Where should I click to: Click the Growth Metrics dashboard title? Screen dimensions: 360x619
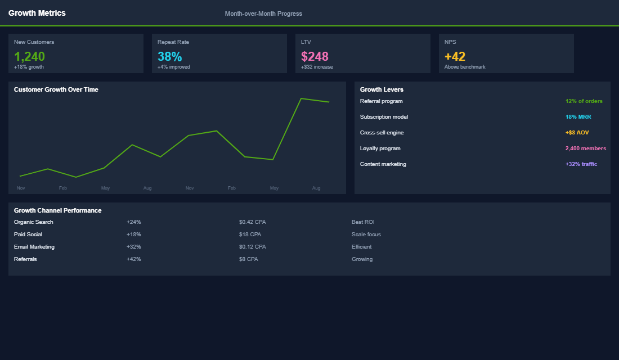coord(37,13)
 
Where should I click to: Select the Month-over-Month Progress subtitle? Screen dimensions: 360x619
coord(263,13)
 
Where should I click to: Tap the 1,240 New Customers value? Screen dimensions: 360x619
coord(29,56)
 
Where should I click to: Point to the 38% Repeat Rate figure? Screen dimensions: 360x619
coord(169,56)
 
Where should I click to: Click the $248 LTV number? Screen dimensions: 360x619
coord(315,56)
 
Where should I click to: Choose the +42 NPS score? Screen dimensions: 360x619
coord(455,56)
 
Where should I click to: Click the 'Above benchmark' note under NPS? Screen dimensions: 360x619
coord(465,67)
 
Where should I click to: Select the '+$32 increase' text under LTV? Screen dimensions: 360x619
coord(317,67)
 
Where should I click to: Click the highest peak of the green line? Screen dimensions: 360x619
coord(302,98)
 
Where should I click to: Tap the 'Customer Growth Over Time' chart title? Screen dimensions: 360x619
coord(56,89)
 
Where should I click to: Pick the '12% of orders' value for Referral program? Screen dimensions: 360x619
coord(584,101)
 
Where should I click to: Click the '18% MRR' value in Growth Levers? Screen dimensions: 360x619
coord(578,117)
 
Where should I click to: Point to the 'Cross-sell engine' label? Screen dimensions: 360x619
coord(382,133)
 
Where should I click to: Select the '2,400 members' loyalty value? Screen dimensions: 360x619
coord(585,148)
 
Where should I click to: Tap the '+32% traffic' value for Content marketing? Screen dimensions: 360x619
coord(581,164)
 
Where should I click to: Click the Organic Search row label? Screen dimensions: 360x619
coord(34,222)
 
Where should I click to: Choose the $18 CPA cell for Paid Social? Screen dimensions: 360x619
coord(250,235)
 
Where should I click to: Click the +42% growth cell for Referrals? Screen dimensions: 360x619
coord(134,259)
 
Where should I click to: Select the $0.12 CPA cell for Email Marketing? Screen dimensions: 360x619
coord(252,247)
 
